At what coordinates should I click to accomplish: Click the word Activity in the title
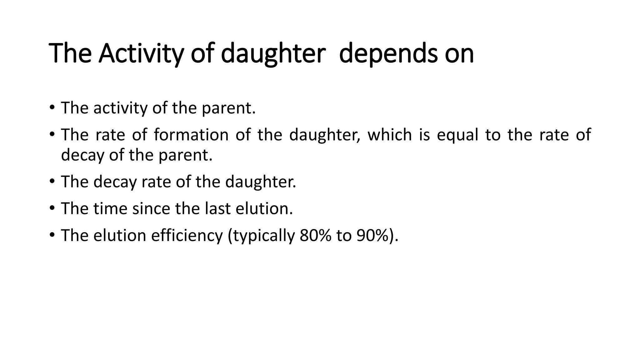coord(140,53)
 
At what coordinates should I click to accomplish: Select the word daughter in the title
coord(273,53)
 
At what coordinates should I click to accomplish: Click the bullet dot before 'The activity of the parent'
coord(52,108)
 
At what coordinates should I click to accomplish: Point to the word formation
coord(191,135)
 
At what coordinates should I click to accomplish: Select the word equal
coord(457,135)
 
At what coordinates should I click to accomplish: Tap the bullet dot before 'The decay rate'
coord(52,182)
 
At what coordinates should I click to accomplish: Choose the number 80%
coord(315,235)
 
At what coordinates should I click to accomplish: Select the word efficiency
coord(187,235)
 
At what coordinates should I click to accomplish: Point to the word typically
coord(261,235)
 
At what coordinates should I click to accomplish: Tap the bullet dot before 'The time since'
coord(52,208)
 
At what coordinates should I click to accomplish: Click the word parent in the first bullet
coord(228,108)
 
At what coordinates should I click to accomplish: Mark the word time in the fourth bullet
coord(110,208)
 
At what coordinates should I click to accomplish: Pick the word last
coord(217,208)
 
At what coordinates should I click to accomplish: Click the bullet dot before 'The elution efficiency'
coord(52,235)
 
